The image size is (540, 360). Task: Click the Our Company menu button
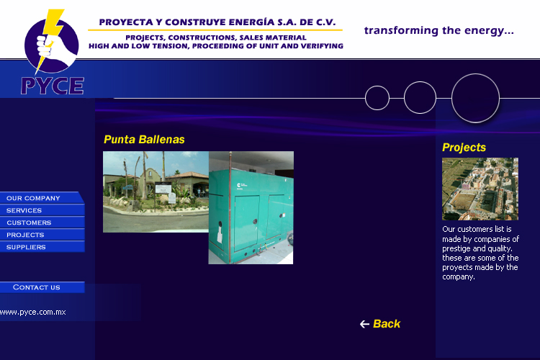coord(41,198)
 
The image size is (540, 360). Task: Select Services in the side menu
coord(42,210)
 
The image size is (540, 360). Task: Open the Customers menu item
coord(42,222)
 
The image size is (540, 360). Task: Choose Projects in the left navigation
coord(42,235)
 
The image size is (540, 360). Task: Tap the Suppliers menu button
coord(42,247)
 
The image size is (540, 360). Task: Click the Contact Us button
coord(42,287)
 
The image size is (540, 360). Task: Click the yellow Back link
coord(387,324)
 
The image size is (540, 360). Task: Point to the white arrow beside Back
coord(364,324)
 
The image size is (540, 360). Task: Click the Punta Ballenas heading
coord(144,140)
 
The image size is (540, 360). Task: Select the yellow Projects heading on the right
coord(464,148)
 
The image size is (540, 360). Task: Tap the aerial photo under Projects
coord(480,189)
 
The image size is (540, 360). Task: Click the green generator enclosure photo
coord(251,208)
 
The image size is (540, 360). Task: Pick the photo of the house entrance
coord(156,192)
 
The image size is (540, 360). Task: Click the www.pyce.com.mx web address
coord(32,312)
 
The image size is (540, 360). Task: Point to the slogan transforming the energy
coord(438,31)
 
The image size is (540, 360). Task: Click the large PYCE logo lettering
coord(53,86)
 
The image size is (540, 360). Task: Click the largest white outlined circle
coord(475,74)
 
